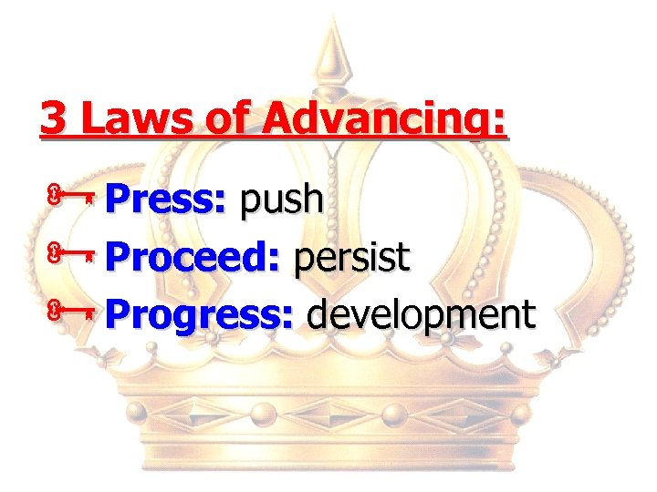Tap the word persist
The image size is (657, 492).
click(x=351, y=258)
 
